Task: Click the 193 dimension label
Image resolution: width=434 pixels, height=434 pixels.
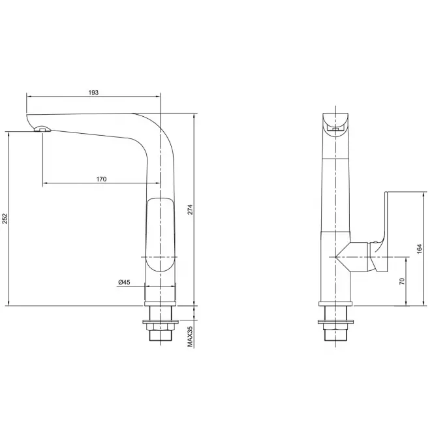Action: point(93,93)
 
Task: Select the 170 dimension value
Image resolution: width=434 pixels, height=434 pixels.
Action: point(101,179)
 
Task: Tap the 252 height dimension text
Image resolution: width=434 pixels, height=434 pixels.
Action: point(5,219)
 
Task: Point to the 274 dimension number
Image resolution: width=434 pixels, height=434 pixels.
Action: point(190,209)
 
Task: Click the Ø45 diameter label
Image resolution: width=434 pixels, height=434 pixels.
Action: point(124,283)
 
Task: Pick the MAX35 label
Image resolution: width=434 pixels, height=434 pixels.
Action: point(190,336)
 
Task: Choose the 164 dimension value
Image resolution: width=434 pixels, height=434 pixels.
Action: point(420,249)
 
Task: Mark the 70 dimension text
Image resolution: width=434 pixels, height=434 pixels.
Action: point(402,281)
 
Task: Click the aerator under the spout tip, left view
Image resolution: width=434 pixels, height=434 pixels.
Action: point(42,129)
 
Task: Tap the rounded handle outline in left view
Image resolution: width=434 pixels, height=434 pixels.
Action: point(161,235)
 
